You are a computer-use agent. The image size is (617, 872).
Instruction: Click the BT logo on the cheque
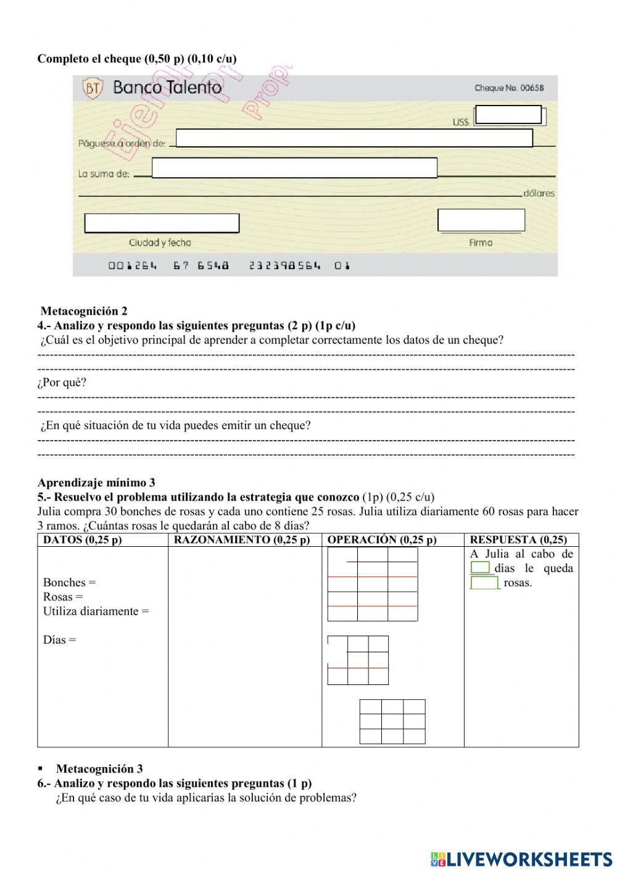point(93,89)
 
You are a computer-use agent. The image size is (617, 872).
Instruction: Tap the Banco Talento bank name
point(167,88)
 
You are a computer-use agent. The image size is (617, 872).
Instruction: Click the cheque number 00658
point(509,88)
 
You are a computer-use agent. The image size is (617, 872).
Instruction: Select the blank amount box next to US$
point(508,115)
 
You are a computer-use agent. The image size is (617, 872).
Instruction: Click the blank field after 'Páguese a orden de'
point(354,138)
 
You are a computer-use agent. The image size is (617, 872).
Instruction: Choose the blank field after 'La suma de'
point(294,168)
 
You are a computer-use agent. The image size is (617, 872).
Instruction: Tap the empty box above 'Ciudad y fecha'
point(162,223)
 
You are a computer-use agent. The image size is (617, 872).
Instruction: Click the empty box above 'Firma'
point(481,220)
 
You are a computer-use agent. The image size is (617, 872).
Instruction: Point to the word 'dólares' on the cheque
point(539,193)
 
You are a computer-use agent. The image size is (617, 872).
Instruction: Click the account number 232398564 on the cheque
point(285,266)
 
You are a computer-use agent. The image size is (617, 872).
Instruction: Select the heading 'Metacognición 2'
point(84,311)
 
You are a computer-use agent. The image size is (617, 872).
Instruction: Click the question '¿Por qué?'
point(62,383)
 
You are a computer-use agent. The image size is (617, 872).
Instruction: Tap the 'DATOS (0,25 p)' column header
point(82,540)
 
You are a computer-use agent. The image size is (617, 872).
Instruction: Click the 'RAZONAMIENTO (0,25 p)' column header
point(242,540)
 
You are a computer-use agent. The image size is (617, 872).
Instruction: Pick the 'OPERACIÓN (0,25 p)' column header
point(382,540)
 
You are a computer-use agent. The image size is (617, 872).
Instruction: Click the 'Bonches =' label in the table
point(69,583)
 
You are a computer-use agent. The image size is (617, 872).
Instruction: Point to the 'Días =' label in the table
point(59,640)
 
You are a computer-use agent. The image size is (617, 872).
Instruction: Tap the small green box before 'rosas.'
point(484,583)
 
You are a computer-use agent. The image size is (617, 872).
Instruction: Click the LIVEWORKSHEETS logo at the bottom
point(521,859)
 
